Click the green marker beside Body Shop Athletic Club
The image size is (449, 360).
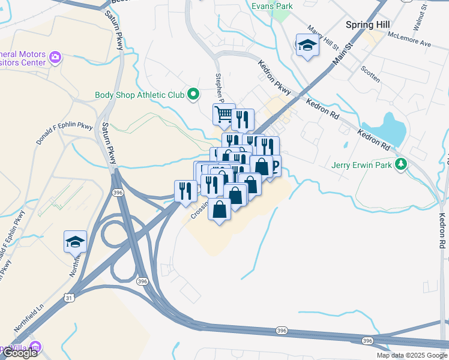193,94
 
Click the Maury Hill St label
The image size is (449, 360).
323,37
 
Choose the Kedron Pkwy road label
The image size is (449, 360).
274,77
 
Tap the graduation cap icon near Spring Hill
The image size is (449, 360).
307,45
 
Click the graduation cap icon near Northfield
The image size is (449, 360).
76,241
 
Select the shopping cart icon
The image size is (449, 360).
223,113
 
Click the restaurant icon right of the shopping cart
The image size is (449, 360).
242,118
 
